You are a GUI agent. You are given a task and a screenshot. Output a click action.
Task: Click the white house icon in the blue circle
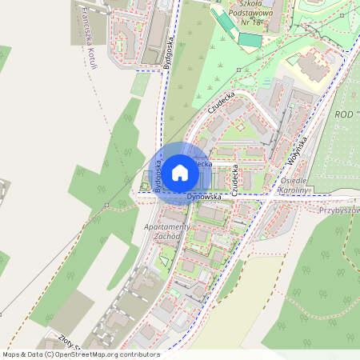[x=180, y=172]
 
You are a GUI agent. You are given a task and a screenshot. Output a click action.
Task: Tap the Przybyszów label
[x=338, y=210]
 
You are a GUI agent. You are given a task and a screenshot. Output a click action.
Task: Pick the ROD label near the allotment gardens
[x=346, y=114]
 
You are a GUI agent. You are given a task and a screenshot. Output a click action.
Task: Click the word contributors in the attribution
[x=141, y=354]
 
